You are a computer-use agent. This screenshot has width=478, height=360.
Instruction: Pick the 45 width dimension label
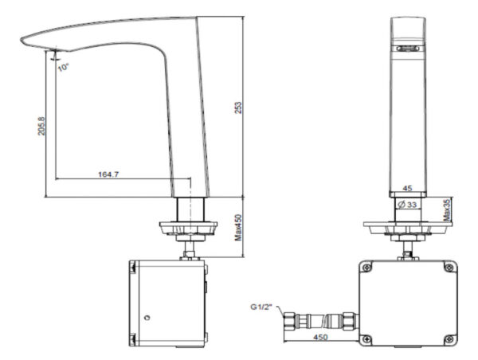pos(407,189)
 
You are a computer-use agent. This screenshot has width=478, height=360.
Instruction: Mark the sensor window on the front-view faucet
pos(408,49)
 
